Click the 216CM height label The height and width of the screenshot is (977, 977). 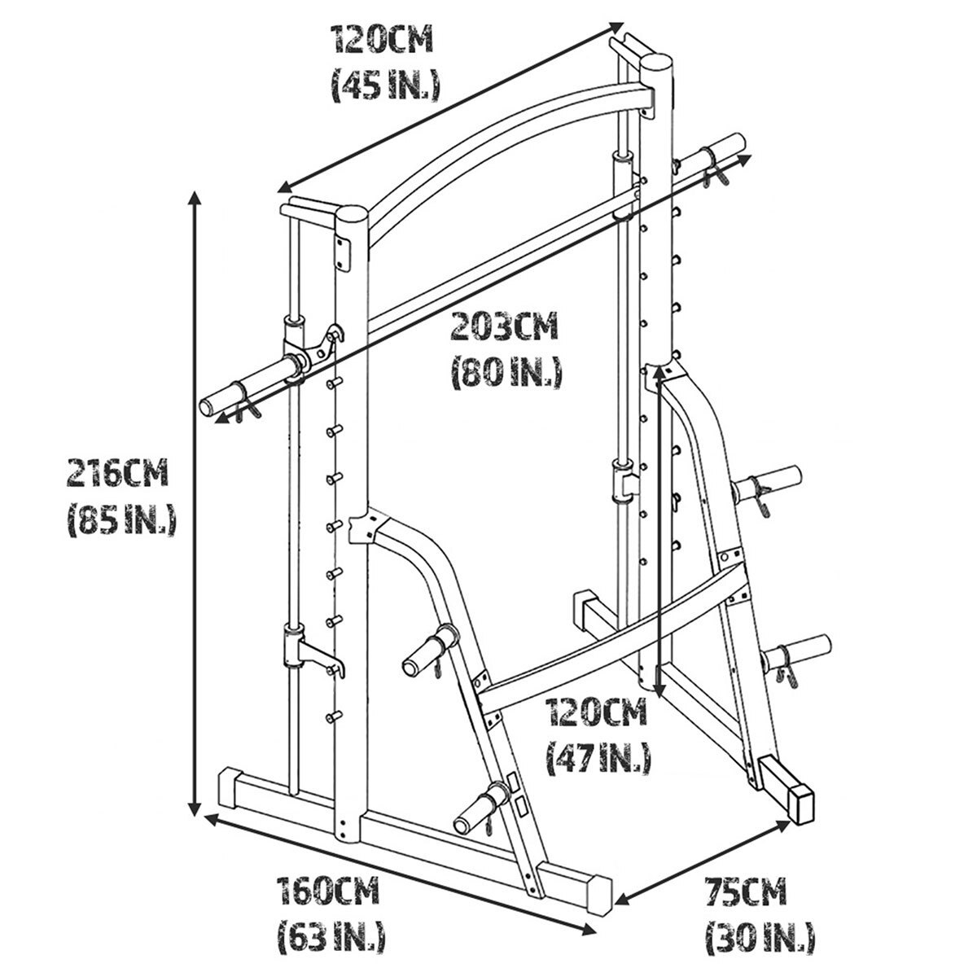tap(117, 473)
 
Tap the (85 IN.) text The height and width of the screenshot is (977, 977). tap(121, 519)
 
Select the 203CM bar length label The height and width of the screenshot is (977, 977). tap(505, 327)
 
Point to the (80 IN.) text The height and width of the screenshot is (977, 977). tap(506, 372)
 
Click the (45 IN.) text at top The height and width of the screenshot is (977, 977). tap(386, 84)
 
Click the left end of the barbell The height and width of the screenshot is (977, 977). tap(208, 406)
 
